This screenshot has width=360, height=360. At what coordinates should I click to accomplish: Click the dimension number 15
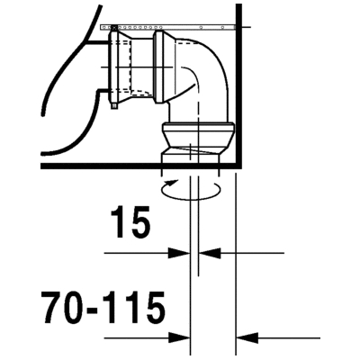[130, 222]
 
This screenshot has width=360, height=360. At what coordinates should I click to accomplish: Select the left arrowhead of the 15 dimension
[179, 253]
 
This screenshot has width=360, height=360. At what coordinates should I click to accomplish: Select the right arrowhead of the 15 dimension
[210, 253]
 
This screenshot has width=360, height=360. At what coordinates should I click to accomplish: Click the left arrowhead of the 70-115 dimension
[179, 338]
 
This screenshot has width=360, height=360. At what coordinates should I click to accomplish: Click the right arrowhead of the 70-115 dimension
[247, 338]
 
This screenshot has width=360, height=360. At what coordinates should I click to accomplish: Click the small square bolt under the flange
[113, 106]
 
